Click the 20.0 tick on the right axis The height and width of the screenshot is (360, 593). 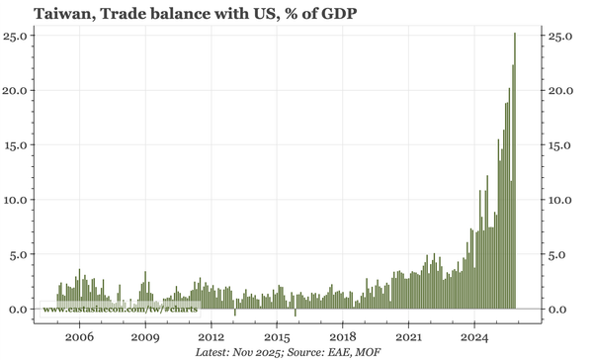click(561, 90)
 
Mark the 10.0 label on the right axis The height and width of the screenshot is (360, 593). click(561, 200)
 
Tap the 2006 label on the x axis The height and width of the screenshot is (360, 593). click(79, 336)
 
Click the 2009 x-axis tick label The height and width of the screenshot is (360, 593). click(145, 336)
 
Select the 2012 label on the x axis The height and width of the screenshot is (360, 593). click(211, 336)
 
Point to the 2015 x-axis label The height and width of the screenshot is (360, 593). click(277, 336)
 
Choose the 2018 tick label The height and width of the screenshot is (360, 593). click(343, 336)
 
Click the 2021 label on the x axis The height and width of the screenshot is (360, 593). click(408, 336)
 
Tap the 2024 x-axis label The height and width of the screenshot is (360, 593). click(474, 336)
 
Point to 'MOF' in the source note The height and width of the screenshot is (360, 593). click(367, 352)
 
